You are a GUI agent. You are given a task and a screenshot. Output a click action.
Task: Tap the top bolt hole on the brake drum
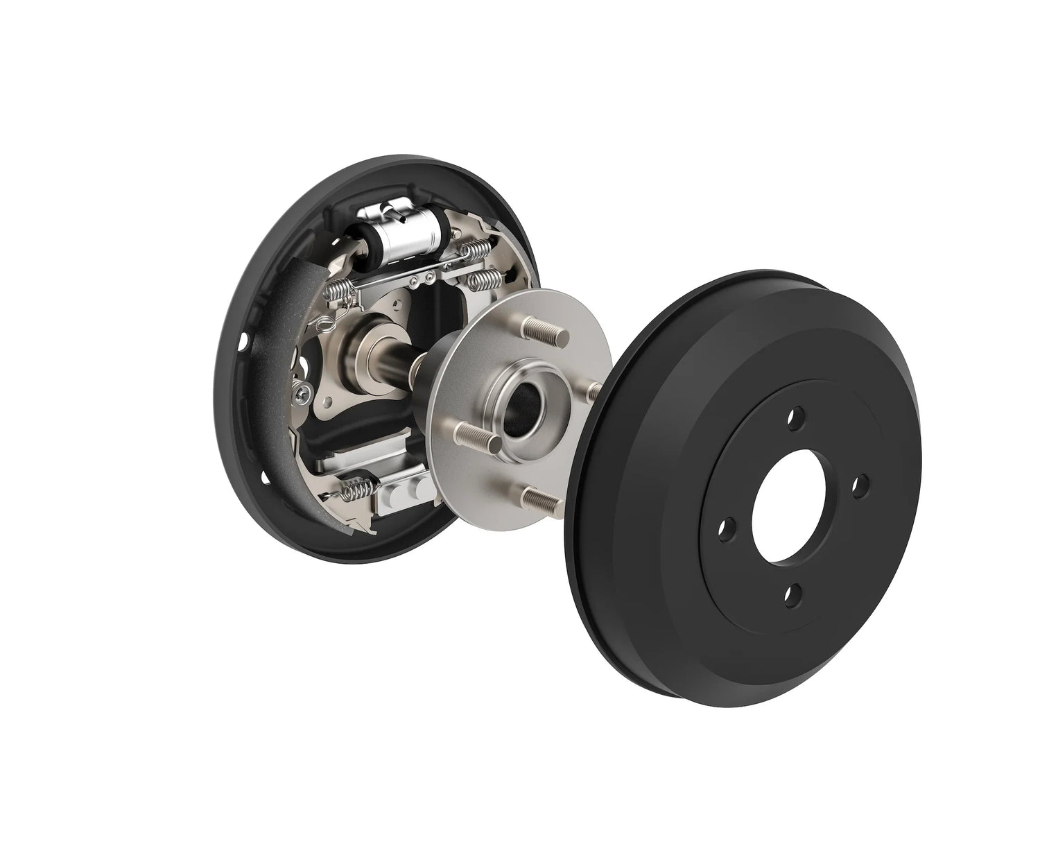pos(797,418)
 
